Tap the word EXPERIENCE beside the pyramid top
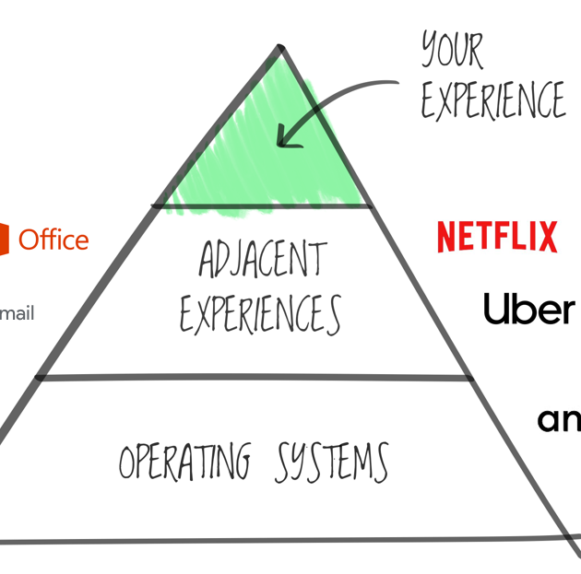click(492, 100)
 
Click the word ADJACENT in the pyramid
click(262, 261)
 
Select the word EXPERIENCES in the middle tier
click(260, 315)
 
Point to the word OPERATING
click(184, 461)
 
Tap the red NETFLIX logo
click(497, 237)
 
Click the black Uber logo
click(528, 309)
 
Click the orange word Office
click(53, 240)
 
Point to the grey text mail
click(17, 313)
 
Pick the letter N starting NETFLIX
click(446, 237)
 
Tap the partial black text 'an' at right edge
click(559, 419)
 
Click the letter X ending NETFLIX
click(547, 237)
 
